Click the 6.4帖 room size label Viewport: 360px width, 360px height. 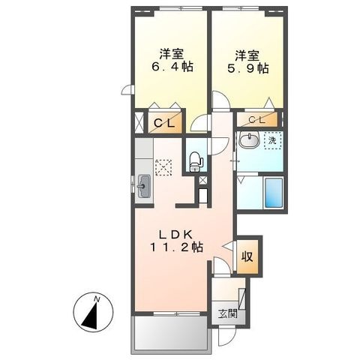pyautogui.click(x=172, y=67)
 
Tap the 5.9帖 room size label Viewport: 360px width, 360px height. pyautogui.click(x=247, y=67)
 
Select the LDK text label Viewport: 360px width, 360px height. pyautogui.click(x=176, y=235)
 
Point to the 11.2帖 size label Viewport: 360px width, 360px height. pyautogui.click(x=176, y=247)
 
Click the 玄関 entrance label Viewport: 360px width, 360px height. pyautogui.click(x=227, y=313)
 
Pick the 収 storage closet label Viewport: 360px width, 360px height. pyautogui.click(x=247, y=256)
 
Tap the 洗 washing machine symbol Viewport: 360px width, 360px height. pyautogui.click(x=273, y=141)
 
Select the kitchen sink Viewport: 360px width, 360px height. pyautogui.click(x=144, y=186)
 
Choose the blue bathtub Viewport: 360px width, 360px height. pyautogui.click(x=273, y=193)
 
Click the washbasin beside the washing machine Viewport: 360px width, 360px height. pyautogui.click(x=249, y=139)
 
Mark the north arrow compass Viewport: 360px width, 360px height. pyautogui.click(x=93, y=312)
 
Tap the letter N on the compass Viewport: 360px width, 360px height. pyautogui.click(x=97, y=298)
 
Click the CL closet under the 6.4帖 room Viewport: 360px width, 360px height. pyautogui.click(x=165, y=121)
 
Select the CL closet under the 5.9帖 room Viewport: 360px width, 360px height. pyautogui.click(x=257, y=120)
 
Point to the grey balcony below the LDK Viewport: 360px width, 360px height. pyautogui.click(x=171, y=334)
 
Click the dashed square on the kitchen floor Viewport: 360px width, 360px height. pyautogui.click(x=163, y=167)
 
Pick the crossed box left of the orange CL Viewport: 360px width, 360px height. pyautogui.click(x=139, y=122)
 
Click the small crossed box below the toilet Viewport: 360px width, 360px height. pyautogui.click(x=202, y=180)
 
